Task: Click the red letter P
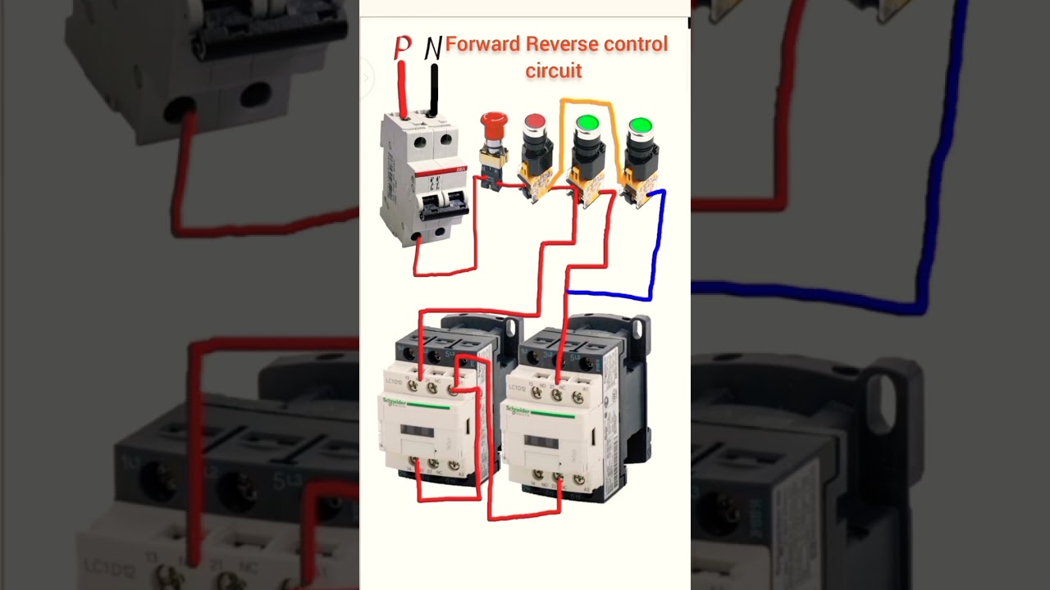pos(402,48)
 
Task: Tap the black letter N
pos(433,48)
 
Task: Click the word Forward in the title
pos(482,44)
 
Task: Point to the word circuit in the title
pos(554,71)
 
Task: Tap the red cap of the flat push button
pos(535,123)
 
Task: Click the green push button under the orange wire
pos(587,125)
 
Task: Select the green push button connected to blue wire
pos(640,126)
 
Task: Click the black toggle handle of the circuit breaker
pos(442,199)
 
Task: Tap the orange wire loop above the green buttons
pos(587,102)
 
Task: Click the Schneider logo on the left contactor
pos(395,401)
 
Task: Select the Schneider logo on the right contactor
pos(519,409)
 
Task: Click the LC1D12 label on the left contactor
pos(394,383)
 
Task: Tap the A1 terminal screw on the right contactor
pos(578,397)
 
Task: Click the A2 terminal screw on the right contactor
pos(578,479)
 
